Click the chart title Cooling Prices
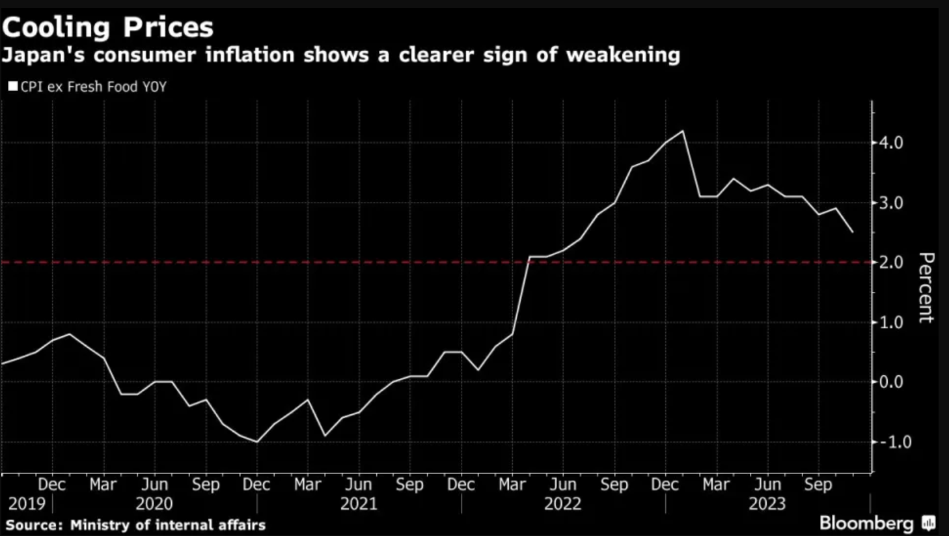point(107,27)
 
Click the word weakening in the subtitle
point(623,55)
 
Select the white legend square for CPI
point(12,86)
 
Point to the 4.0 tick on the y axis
point(890,143)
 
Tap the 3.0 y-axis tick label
point(890,203)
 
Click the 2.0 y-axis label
point(890,262)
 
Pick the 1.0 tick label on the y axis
point(890,322)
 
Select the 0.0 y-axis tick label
point(890,382)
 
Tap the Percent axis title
point(926,287)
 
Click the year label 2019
point(27,504)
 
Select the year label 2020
point(154,504)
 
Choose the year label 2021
point(359,504)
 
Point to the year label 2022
point(563,504)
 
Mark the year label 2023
point(767,504)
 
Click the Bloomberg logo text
point(866,523)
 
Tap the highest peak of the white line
point(683,131)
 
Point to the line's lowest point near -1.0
point(257,442)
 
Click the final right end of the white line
point(853,232)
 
